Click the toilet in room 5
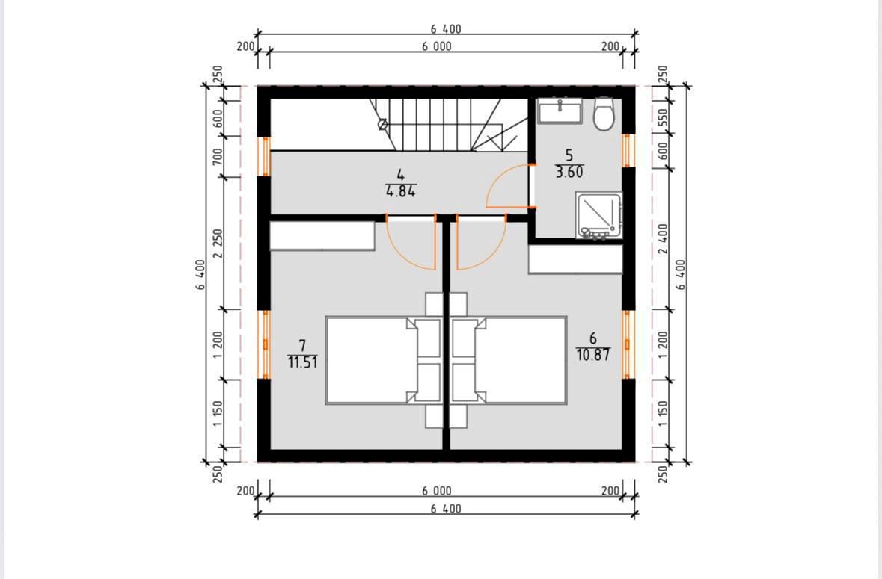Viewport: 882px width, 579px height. coord(604,114)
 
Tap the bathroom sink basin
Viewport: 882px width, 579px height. coord(560,111)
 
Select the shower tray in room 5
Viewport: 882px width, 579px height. coord(599,216)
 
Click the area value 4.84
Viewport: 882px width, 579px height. coord(400,191)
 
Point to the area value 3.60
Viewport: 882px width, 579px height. coord(569,172)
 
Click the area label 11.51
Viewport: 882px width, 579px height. coord(303,362)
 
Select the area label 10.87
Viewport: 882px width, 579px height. coord(593,355)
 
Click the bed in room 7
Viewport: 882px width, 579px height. coord(382,360)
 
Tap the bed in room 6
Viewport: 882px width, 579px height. coord(509,360)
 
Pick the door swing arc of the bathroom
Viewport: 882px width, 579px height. coord(495,178)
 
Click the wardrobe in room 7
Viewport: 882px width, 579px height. coord(322,235)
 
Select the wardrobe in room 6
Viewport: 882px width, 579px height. coord(575,259)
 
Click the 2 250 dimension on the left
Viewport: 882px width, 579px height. coord(218,243)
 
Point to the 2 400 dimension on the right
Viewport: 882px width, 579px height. coord(664,238)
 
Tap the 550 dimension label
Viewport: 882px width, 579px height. coord(663,117)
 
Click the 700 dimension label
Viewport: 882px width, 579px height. coord(218,157)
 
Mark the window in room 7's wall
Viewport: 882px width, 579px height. coord(265,344)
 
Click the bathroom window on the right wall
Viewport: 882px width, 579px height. coord(627,150)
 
